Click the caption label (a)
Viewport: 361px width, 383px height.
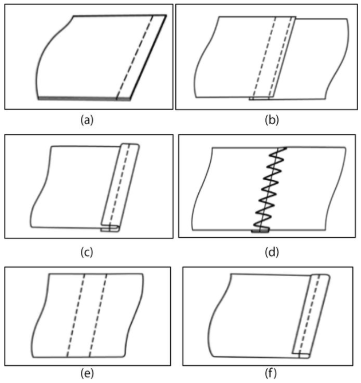[x=87, y=120]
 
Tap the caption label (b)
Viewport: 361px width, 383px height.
[x=272, y=120]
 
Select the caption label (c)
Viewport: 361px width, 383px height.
[x=87, y=252]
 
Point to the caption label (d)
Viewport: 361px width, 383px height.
[x=272, y=252]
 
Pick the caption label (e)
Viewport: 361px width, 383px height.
[x=87, y=373]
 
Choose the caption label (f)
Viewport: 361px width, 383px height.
[x=271, y=373]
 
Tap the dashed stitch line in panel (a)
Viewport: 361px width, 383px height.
[x=135, y=57]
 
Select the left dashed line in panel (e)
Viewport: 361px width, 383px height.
[x=76, y=315]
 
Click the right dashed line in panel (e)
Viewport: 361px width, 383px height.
[x=98, y=315]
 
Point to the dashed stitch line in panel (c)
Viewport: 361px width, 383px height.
[x=119, y=187]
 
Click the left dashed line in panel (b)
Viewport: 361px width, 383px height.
[x=265, y=57]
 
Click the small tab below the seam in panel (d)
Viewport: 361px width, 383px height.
[x=260, y=230]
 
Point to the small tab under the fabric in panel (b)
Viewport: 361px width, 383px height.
[x=259, y=98]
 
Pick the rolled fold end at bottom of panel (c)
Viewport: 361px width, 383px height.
[x=110, y=229]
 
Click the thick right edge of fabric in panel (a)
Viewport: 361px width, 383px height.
[x=148, y=57]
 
